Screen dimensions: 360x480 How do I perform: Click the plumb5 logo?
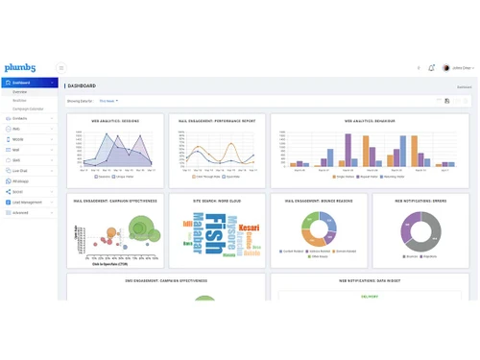tap(21, 67)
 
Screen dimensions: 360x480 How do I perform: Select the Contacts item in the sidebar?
tap(21, 119)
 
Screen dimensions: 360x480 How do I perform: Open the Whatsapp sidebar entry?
tap(21, 180)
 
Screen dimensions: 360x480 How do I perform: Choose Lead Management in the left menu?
tap(28, 203)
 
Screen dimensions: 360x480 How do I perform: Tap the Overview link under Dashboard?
tap(19, 92)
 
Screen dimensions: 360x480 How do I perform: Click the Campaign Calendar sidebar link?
tap(28, 109)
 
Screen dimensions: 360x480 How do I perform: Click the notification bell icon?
tap(432, 67)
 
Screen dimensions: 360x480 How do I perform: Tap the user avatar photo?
tap(445, 67)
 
